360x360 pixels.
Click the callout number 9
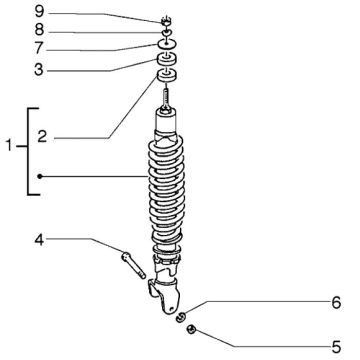[x=39, y=13]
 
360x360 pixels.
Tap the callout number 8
[x=39, y=30]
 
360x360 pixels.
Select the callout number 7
[x=39, y=49]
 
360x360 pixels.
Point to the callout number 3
[x=39, y=69]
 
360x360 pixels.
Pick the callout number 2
[x=42, y=137]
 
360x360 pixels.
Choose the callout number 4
[x=39, y=240]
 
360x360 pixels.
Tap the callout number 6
[x=336, y=303]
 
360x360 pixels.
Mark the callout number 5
[x=336, y=348]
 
